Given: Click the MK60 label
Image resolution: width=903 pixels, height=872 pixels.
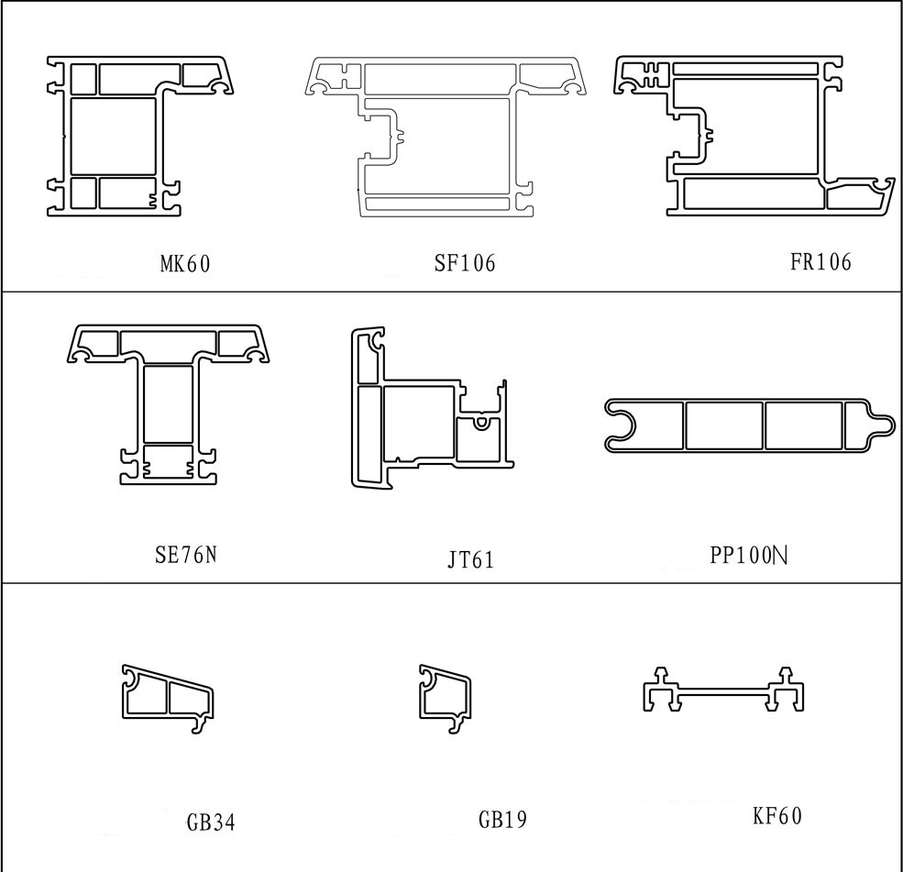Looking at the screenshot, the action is tap(185, 264).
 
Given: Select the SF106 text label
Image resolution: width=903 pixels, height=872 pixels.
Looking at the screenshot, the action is tap(465, 262).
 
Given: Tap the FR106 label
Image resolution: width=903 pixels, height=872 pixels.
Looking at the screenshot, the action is tap(820, 261).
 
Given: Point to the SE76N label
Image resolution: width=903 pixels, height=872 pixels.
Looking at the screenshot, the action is tap(186, 554).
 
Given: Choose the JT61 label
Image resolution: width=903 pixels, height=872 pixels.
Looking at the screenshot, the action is tap(470, 559).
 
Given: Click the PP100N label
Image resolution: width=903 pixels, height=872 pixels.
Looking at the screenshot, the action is tap(749, 555).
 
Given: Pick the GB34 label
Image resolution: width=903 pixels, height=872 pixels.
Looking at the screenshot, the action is tap(211, 822).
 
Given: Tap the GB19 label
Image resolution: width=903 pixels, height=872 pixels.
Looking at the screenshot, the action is tap(502, 819).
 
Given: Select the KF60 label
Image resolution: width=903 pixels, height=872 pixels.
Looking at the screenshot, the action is tap(777, 815).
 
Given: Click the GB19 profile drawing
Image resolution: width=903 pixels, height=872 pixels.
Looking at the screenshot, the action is tap(445, 699).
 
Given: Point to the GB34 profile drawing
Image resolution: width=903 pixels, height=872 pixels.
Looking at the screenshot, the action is tap(168, 699).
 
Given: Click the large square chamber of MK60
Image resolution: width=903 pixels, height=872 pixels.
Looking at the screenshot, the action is tap(114, 137).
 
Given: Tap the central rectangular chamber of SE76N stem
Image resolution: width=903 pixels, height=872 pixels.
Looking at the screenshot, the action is tap(168, 404).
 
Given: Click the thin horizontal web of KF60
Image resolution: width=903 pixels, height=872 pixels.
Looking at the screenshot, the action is tap(724, 691).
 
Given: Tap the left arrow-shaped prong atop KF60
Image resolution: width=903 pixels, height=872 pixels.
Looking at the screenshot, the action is tap(661, 675).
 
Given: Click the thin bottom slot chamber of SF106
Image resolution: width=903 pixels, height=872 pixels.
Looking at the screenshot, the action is tap(437, 204).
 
